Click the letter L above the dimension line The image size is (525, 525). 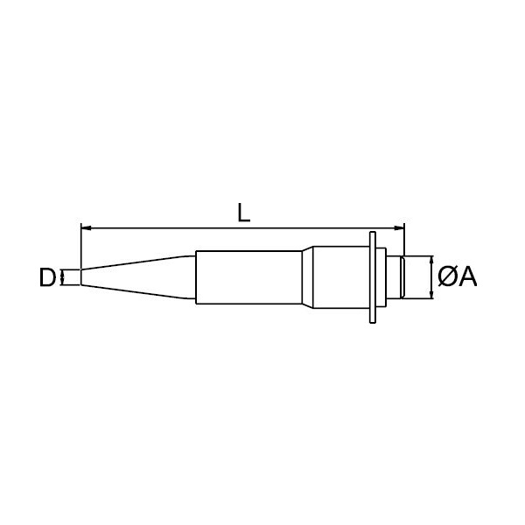coord(243,213)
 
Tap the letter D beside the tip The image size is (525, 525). coord(46,277)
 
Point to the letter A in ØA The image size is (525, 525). coord(467,277)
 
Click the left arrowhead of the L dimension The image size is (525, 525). coord(86,228)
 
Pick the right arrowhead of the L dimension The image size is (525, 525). coord(400,228)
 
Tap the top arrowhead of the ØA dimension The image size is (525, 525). coord(431,261)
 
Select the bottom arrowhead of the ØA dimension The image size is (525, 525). coord(431,294)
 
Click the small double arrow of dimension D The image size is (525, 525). coord(61,277)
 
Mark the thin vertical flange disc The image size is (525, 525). coord(373,277)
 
